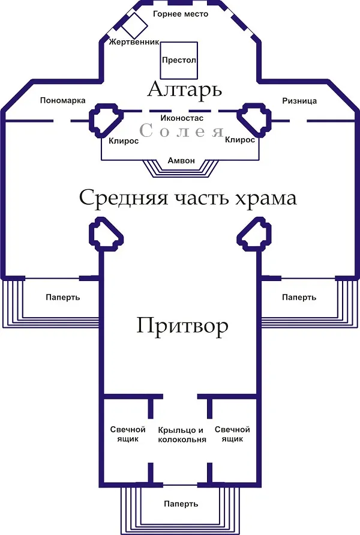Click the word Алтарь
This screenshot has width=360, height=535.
[185, 90]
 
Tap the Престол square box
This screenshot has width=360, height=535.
[179, 60]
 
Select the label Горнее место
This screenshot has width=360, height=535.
[181, 14]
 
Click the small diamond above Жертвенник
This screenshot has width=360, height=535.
[134, 25]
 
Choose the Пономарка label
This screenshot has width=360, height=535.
[63, 100]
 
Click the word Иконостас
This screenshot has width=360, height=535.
[182, 118]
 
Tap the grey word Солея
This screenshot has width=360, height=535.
[181, 131]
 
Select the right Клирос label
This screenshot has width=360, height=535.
[240, 140]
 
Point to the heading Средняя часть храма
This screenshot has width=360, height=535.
[188, 198]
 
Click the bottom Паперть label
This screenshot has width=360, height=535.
[181, 504]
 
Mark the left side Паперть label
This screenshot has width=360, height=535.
[63, 297]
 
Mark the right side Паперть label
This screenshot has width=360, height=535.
[299, 297]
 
